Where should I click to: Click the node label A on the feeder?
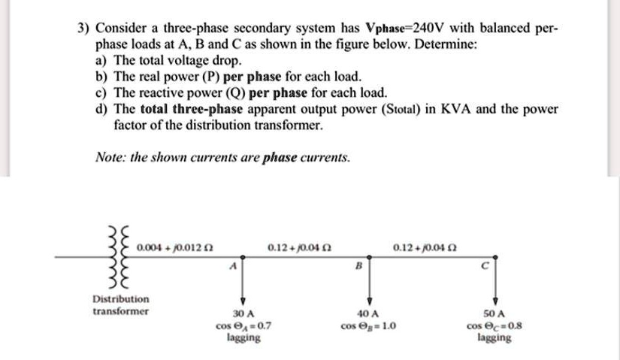[233, 265]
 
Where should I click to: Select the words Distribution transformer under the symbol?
[120, 304]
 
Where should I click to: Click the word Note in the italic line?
[110, 157]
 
